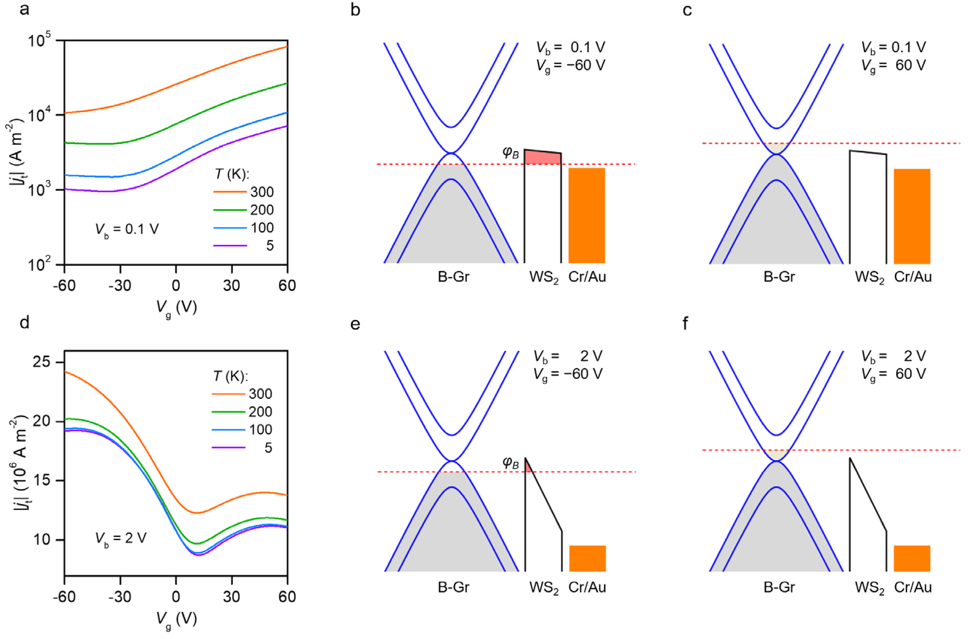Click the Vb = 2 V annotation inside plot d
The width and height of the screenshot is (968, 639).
[121, 539]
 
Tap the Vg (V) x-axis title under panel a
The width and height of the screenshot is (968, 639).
[176, 308]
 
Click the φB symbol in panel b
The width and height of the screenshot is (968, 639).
[511, 152]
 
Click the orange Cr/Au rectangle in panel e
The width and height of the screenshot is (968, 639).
[587, 558]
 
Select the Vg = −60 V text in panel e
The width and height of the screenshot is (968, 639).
[568, 374]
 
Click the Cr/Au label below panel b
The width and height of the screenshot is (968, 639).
[587, 277]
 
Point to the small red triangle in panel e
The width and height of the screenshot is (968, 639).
[528, 466]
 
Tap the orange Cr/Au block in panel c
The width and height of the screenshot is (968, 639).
[912, 216]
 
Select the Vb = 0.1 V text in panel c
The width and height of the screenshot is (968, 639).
[893, 47]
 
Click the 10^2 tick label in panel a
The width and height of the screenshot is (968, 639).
[40, 265]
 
